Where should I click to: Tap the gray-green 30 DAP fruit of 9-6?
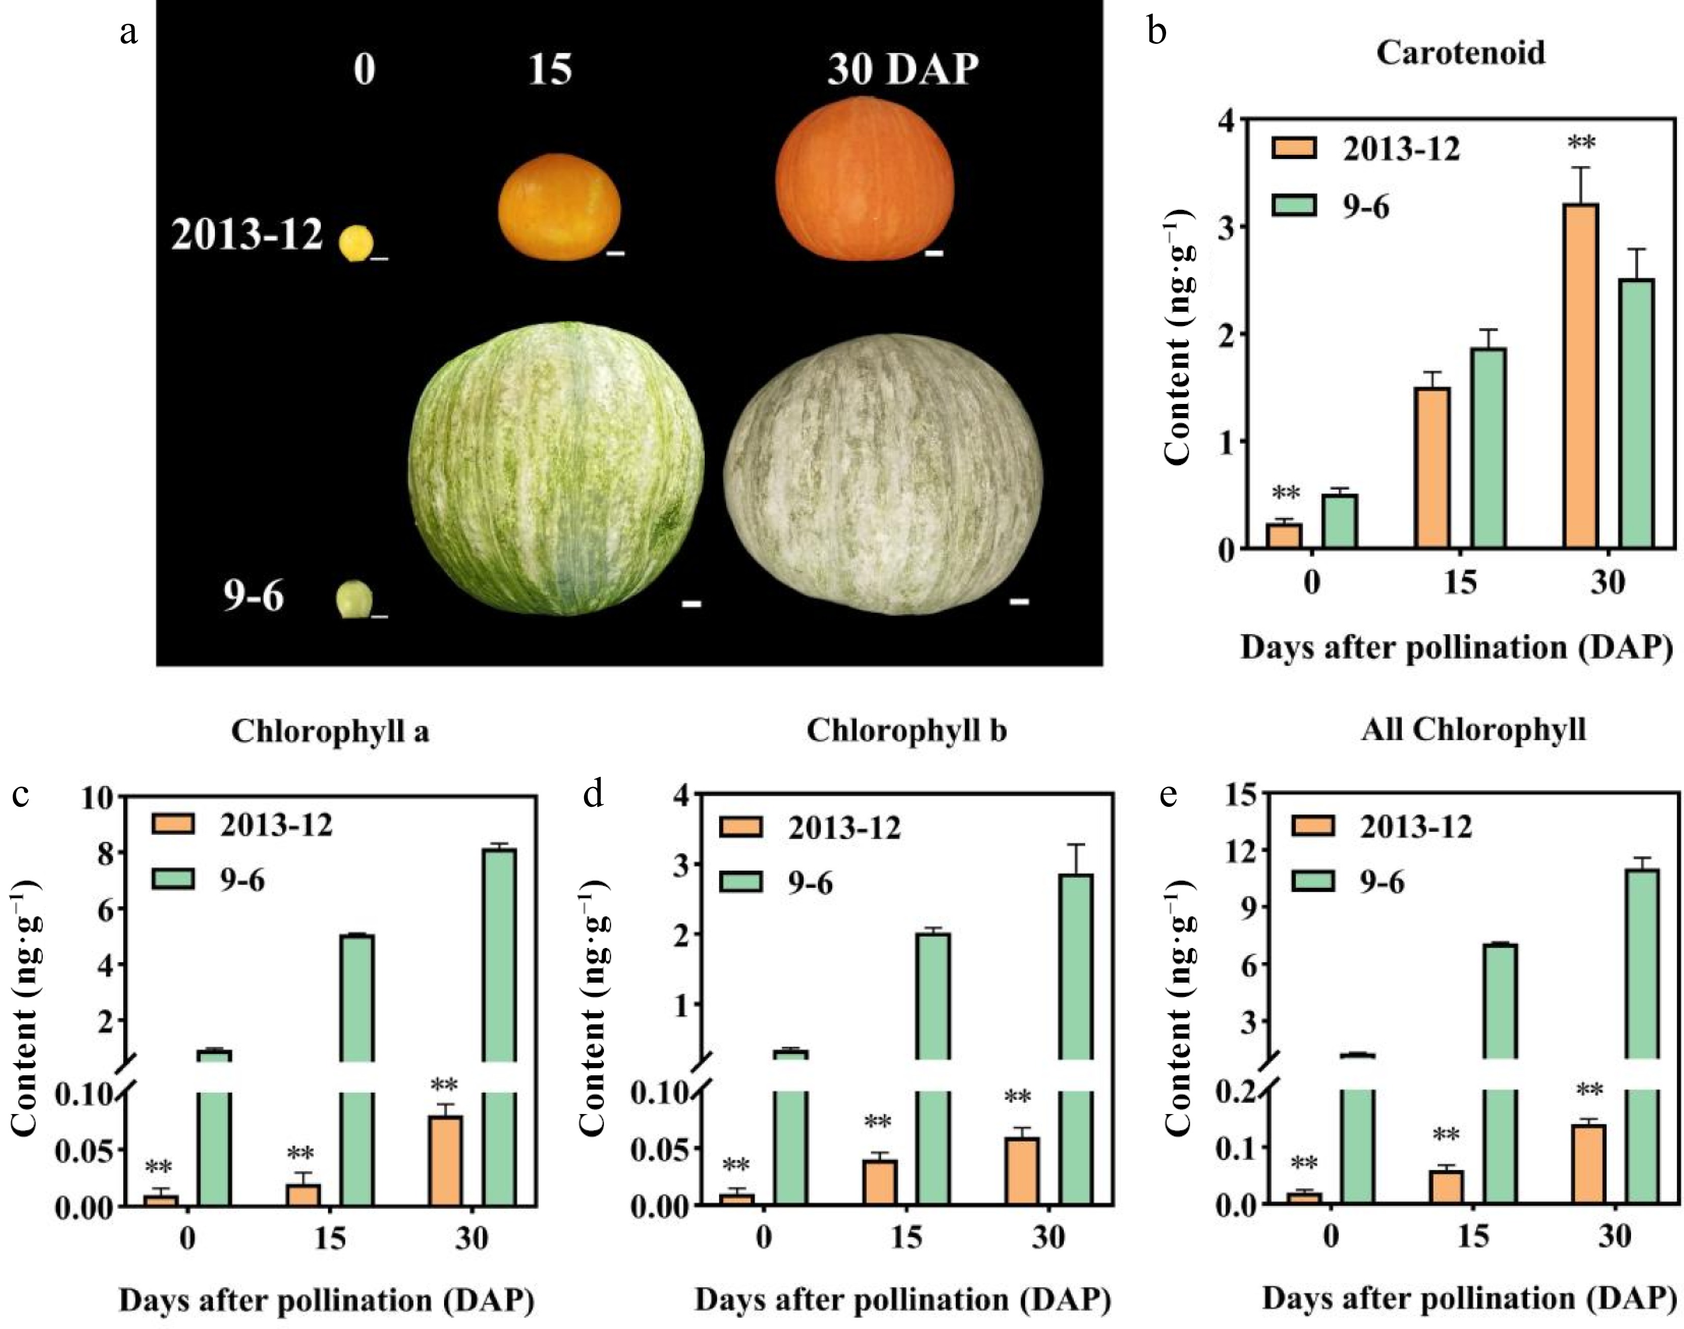coord(883,475)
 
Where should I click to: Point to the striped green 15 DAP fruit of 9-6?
coord(556,467)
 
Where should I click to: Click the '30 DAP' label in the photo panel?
coord(902,70)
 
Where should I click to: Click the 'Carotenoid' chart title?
coord(1460,53)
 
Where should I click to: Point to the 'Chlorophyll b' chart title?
coord(906,731)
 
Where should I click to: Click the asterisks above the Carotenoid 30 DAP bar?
coord(1581,143)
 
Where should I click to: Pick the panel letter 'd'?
coord(593,795)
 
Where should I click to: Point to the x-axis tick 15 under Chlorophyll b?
coord(907,1237)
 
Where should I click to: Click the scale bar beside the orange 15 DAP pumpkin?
coord(615,253)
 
